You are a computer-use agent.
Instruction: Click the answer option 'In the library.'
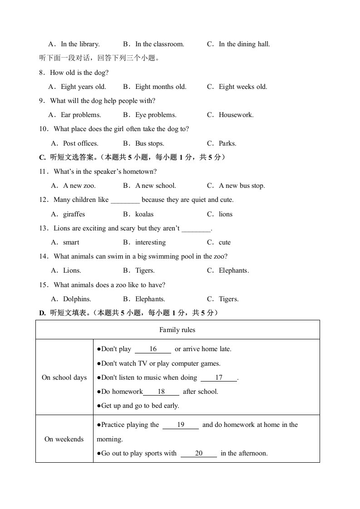tap(80, 44)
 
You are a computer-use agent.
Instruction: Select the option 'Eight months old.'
tap(161, 87)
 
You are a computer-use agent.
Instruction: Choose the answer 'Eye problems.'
tap(156, 115)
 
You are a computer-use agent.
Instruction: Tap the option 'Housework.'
tap(236, 115)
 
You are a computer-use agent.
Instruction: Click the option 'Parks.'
tap(227, 143)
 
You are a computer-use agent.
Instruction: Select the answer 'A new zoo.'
tap(79, 186)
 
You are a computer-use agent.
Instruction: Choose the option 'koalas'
tap(144, 214)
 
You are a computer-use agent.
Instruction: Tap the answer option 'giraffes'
tap(74, 214)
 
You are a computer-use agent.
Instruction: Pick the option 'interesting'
tap(150, 242)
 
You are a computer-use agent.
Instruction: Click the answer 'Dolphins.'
tap(77, 299)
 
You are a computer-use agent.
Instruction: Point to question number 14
tap(44, 256)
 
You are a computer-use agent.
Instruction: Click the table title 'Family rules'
tap(178, 330)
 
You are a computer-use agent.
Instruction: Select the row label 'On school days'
tap(64, 377)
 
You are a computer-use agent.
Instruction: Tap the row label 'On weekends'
tap(64, 439)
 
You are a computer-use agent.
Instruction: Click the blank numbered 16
tap(153, 349)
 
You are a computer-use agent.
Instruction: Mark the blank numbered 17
tap(219, 377)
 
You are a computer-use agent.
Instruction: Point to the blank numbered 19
tap(181, 425)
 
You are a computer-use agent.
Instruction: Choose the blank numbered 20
tap(199, 453)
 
